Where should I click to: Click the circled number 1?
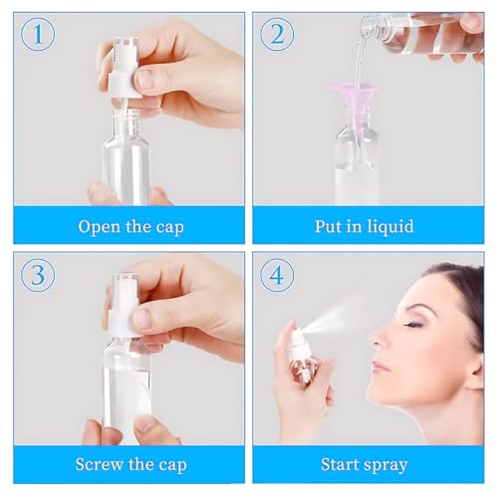tap(38, 36)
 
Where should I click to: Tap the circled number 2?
tap(277, 36)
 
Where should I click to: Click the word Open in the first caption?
tap(101, 226)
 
